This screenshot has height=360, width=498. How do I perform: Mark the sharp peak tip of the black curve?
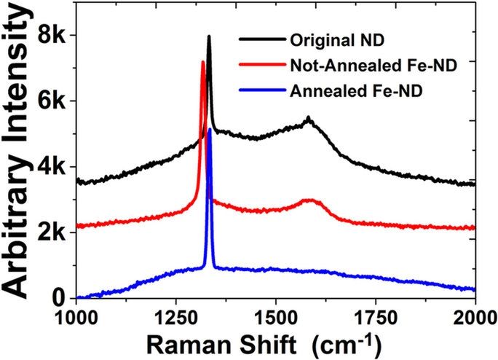[209, 36]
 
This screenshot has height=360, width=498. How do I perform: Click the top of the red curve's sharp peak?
[203, 62]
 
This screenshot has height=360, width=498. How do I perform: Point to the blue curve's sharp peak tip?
[210, 129]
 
